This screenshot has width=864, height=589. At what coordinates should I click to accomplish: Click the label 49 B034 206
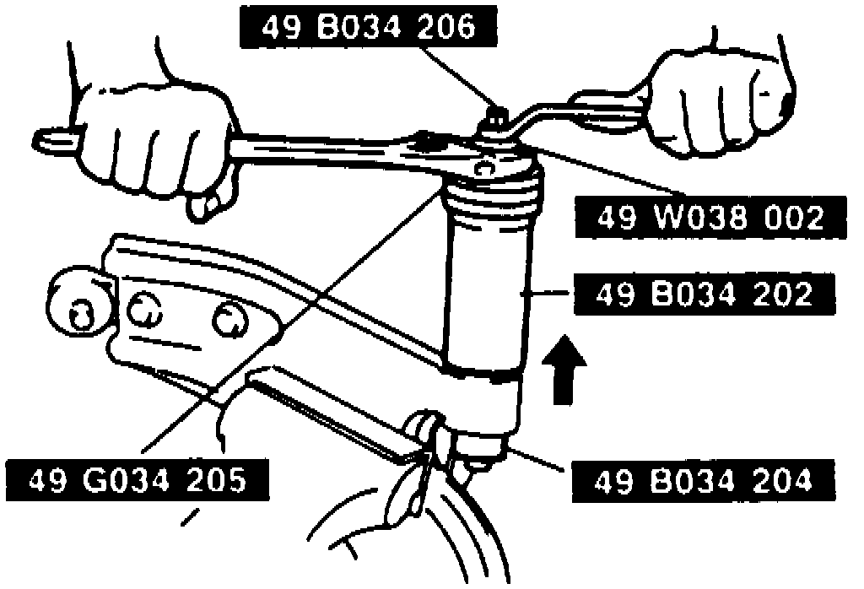(x=369, y=28)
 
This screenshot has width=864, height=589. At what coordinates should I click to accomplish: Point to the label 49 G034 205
(x=138, y=482)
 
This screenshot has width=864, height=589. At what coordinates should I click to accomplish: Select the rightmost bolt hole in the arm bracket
(x=228, y=319)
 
